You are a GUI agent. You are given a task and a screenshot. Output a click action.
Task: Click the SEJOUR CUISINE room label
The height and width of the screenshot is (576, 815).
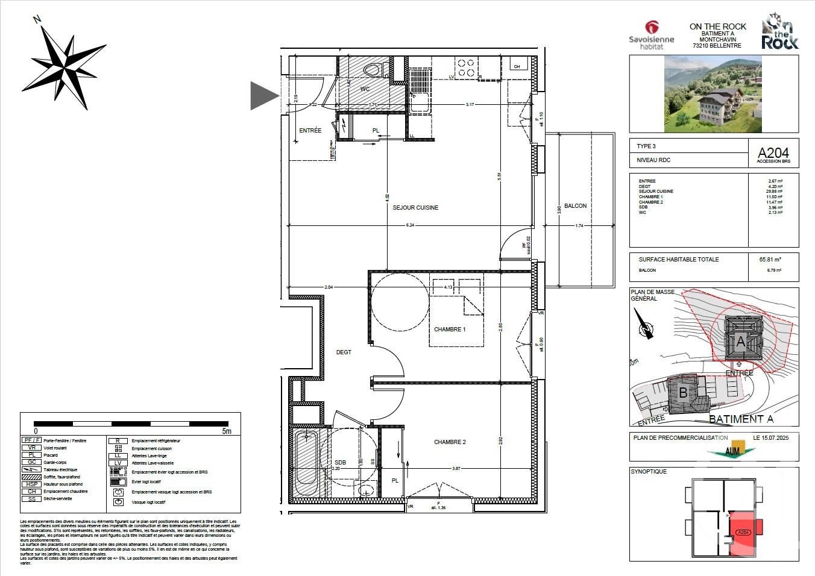pos(415,207)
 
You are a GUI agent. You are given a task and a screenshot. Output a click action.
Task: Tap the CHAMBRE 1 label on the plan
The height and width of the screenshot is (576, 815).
pos(450,330)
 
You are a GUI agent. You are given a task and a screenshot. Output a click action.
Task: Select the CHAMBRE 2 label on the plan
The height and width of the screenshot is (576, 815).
pos(450,442)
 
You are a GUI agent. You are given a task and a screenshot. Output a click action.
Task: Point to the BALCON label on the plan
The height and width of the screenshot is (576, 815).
pos(575,206)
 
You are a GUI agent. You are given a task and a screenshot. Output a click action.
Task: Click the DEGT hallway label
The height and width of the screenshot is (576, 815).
pos(344,352)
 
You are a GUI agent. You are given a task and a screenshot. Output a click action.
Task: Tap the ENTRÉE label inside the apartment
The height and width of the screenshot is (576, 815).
pos(310,131)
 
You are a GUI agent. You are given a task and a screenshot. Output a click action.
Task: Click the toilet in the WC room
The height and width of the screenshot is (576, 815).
pos(374,70)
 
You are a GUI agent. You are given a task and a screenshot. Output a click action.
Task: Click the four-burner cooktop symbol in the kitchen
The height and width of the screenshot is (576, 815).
pos(465,67)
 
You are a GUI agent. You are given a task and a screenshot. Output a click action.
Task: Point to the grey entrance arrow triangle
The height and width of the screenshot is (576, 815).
pos(263,95)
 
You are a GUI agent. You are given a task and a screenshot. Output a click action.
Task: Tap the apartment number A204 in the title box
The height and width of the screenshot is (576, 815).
pos(773,153)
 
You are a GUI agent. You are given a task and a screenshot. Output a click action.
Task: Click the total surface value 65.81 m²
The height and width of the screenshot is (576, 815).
pos(770,260)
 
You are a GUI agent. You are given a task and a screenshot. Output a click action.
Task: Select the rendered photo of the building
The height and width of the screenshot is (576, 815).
pos(714,93)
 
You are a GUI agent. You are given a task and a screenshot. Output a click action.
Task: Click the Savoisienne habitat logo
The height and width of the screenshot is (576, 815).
pos(651,35)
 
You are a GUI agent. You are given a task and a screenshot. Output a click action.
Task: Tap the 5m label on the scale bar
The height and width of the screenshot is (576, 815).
pos(226,431)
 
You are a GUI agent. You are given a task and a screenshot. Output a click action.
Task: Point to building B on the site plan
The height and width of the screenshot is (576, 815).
pos(683,393)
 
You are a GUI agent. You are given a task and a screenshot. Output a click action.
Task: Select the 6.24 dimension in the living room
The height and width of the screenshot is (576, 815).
pos(410,225)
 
